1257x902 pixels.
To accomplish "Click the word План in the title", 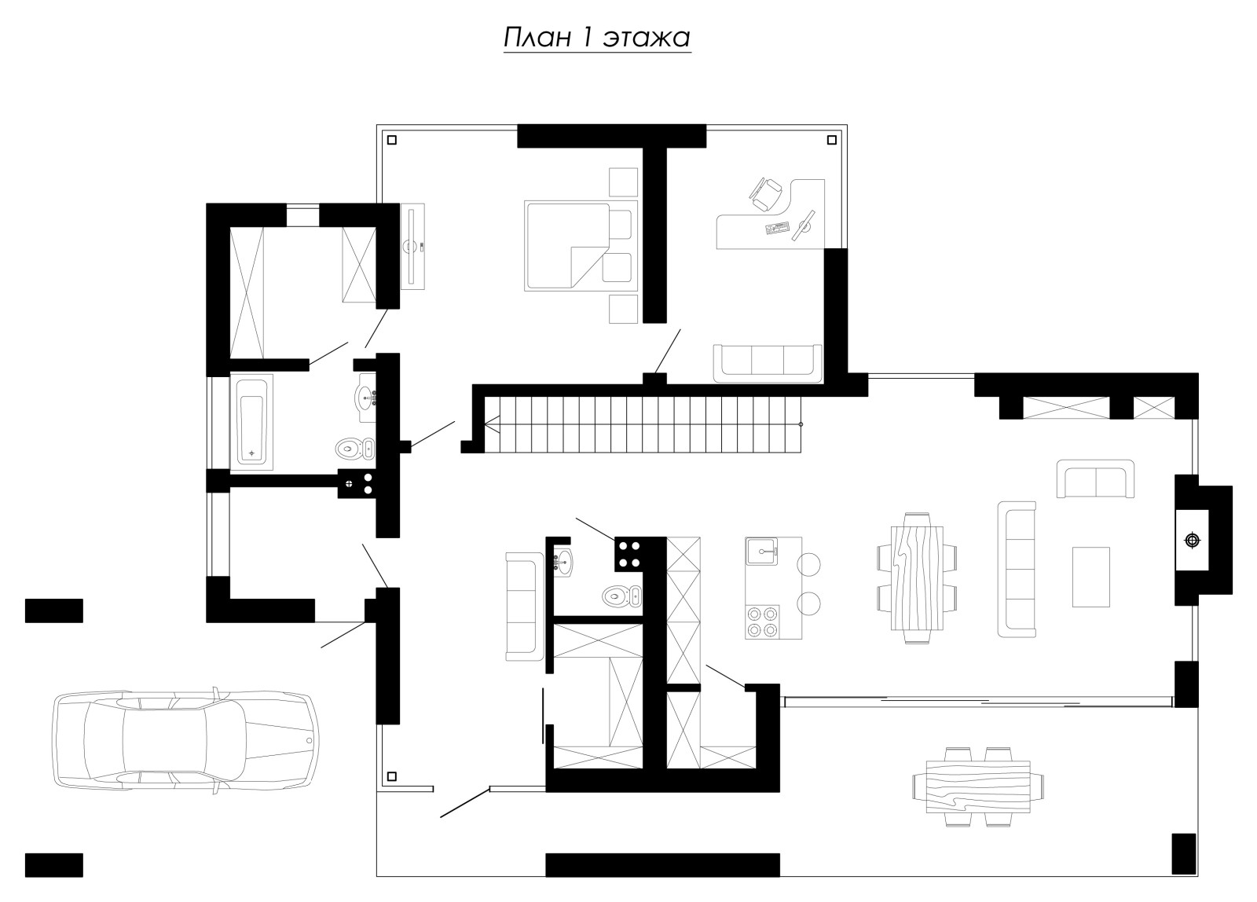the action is click(x=537, y=38).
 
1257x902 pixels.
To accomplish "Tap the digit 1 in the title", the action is click(x=586, y=38).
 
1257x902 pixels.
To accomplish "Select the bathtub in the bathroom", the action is click(x=251, y=422).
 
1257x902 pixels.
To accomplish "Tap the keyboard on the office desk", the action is click(x=777, y=228).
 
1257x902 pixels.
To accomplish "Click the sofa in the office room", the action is click(x=768, y=363).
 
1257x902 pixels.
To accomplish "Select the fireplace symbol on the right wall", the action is click(x=1192, y=541).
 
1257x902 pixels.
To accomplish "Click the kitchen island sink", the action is click(x=761, y=552).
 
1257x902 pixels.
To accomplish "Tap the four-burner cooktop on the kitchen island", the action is click(x=763, y=622).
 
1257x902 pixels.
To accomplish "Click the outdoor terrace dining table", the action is click(x=978, y=787).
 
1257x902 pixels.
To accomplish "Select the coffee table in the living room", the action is click(x=1091, y=577).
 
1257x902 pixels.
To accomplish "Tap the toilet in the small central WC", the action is click(x=621, y=596).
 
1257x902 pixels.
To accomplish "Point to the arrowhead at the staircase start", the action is click(x=492, y=424).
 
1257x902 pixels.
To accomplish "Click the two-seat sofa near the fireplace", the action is click(x=1095, y=478).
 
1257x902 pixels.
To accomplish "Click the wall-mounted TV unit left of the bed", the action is click(x=412, y=247).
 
